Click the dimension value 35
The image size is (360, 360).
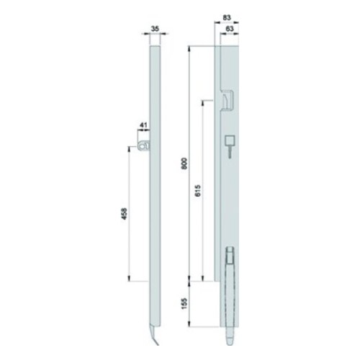pos(156,29)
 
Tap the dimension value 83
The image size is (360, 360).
pos(227,17)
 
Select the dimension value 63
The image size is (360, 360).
pos(230,29)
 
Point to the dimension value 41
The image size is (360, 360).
pos(143,125)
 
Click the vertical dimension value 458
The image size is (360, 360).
pos(124,214)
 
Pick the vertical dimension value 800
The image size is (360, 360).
pos(184,163)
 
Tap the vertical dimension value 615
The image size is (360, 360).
pos(198,191)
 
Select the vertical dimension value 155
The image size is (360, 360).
pos(184,304)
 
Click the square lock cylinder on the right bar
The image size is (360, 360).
pos(230,140)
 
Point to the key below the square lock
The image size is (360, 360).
pos(230,153)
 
